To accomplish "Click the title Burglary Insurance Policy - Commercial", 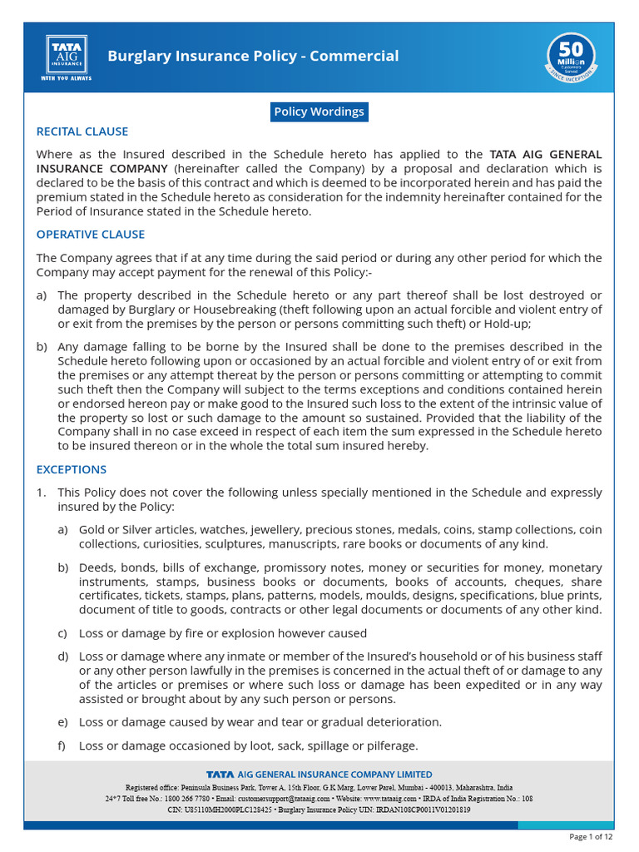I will coord(253,57).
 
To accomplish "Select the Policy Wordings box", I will coord(319,111).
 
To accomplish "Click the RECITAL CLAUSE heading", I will coord(82,131).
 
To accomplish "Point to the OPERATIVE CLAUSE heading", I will coord(91,235).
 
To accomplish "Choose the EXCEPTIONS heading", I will coord(72,469).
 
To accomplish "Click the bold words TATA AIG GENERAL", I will coord(545,154).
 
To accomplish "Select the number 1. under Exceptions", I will coord(41,493).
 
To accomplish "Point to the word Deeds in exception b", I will coord(95,567).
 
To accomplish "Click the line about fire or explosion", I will coord(223,633).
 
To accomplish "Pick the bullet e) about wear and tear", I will coord(62,722).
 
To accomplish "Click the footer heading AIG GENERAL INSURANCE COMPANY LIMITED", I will coord(334,775).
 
